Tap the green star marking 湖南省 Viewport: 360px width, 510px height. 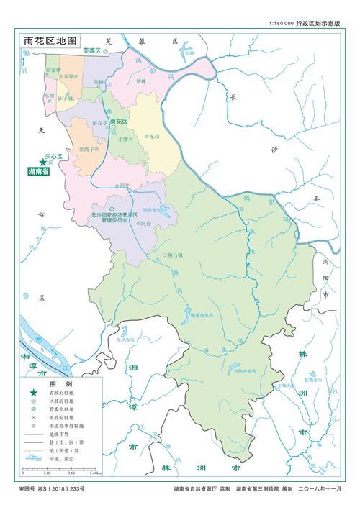coord(32,164)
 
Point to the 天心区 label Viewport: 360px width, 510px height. coord(55,156)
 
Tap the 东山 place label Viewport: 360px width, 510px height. coord(153,135)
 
